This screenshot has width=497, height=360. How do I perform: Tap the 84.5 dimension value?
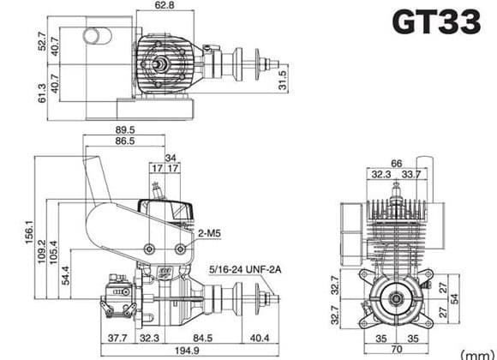pos(203,337)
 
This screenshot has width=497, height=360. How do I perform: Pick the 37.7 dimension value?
pos(116,337)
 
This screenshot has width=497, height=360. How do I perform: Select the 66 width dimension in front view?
pos(397,163)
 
